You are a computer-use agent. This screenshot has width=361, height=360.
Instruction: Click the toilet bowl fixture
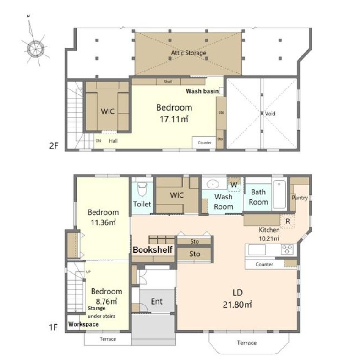(142, 189)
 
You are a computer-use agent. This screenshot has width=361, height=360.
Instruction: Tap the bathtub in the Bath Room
(279, 194)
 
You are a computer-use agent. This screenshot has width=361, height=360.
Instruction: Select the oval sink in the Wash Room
(213, 184)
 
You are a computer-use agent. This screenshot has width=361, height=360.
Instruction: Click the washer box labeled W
(234, 184)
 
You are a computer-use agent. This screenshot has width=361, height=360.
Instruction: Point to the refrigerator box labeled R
(287, 221)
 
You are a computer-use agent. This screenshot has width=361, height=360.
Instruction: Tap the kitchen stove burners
(287, 249)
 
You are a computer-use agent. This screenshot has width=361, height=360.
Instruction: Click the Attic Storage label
(189, 53)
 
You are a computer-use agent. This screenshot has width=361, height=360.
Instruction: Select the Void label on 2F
(270, 114)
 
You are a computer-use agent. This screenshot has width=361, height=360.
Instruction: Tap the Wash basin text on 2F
(202, 91)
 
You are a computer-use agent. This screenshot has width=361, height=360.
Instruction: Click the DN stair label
(98, 141)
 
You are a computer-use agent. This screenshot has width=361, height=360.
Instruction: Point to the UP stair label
(88, 272)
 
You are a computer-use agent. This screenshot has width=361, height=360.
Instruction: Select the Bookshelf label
(153, 250)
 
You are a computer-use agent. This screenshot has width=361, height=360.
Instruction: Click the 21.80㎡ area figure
(237, 305)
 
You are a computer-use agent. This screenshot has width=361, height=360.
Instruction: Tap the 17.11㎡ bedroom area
(174, 119)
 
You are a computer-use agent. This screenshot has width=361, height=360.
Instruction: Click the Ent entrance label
(157, 301)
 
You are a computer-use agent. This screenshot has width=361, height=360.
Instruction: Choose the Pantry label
(300, 198)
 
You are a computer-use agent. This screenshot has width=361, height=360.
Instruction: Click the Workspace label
(83, 324)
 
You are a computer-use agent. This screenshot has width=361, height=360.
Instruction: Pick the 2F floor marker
(54, 146)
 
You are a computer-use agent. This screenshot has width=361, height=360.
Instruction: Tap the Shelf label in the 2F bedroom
(168, 82)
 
